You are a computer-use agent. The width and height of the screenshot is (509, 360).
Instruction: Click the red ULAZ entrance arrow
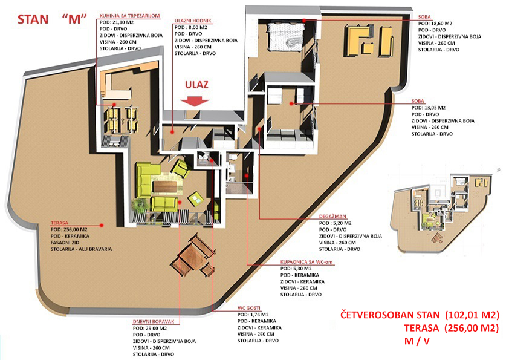click(x=195, y=102)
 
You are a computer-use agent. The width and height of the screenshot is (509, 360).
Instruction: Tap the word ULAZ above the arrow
click(x=196, y=85)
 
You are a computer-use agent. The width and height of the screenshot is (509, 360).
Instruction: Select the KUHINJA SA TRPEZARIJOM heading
click(x=129, y=16)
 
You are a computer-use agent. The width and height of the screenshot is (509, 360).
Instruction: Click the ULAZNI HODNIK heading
click(x=193, y=21)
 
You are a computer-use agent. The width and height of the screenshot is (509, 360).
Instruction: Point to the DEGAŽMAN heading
click(x=332, y=217)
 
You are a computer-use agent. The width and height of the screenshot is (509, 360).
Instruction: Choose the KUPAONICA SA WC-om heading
click(x=306, y=262)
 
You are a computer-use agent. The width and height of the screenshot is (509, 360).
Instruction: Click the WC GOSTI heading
click(x=248, y=308)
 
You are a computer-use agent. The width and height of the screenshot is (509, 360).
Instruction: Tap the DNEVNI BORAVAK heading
click(x=153, y=322)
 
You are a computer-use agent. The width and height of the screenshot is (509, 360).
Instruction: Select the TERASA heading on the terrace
click(x=59, y=223)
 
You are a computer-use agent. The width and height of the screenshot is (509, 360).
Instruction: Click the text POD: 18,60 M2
click(x=435, y=24)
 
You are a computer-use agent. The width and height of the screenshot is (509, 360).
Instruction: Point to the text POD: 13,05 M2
click(x=429, y=108)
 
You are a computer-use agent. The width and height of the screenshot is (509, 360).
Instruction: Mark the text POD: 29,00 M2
click(x=150, y=328)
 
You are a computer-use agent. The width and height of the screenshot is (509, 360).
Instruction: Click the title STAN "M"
click(x=52, y=19)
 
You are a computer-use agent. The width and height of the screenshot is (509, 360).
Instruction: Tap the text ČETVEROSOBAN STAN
click(x=390, y=315)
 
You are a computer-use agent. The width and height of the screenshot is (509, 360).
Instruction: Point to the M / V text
click(x=417, y=341)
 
